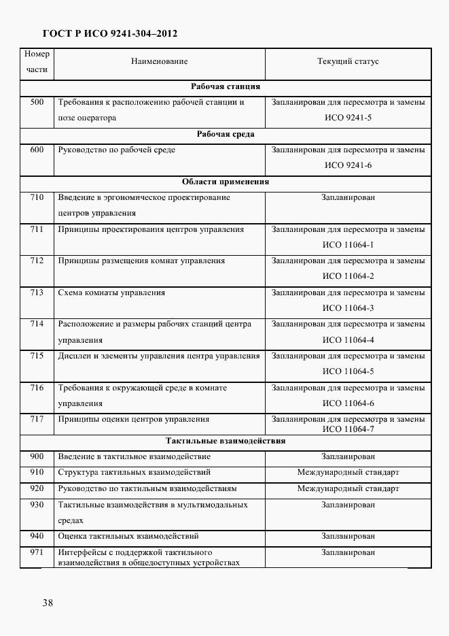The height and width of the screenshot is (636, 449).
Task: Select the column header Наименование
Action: [159, 62]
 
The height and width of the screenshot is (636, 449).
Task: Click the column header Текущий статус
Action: [348, 62]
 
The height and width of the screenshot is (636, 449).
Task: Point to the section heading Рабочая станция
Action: [226, 87]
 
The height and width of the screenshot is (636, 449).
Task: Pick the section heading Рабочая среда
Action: [226, 135]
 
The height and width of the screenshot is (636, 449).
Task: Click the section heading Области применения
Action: [226, 182]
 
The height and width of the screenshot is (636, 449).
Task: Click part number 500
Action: [37, 103]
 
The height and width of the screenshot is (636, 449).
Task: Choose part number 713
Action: [37, 293]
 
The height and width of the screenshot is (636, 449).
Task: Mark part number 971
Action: [37, 552]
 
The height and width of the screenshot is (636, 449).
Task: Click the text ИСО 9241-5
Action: [348, 118]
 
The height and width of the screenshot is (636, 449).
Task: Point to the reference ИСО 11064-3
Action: [348, 309]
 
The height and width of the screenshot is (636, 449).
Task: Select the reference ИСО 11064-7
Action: [348, 429]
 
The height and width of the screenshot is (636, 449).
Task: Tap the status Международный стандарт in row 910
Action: [348, 472]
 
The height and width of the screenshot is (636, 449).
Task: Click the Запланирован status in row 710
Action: [348, 198]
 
